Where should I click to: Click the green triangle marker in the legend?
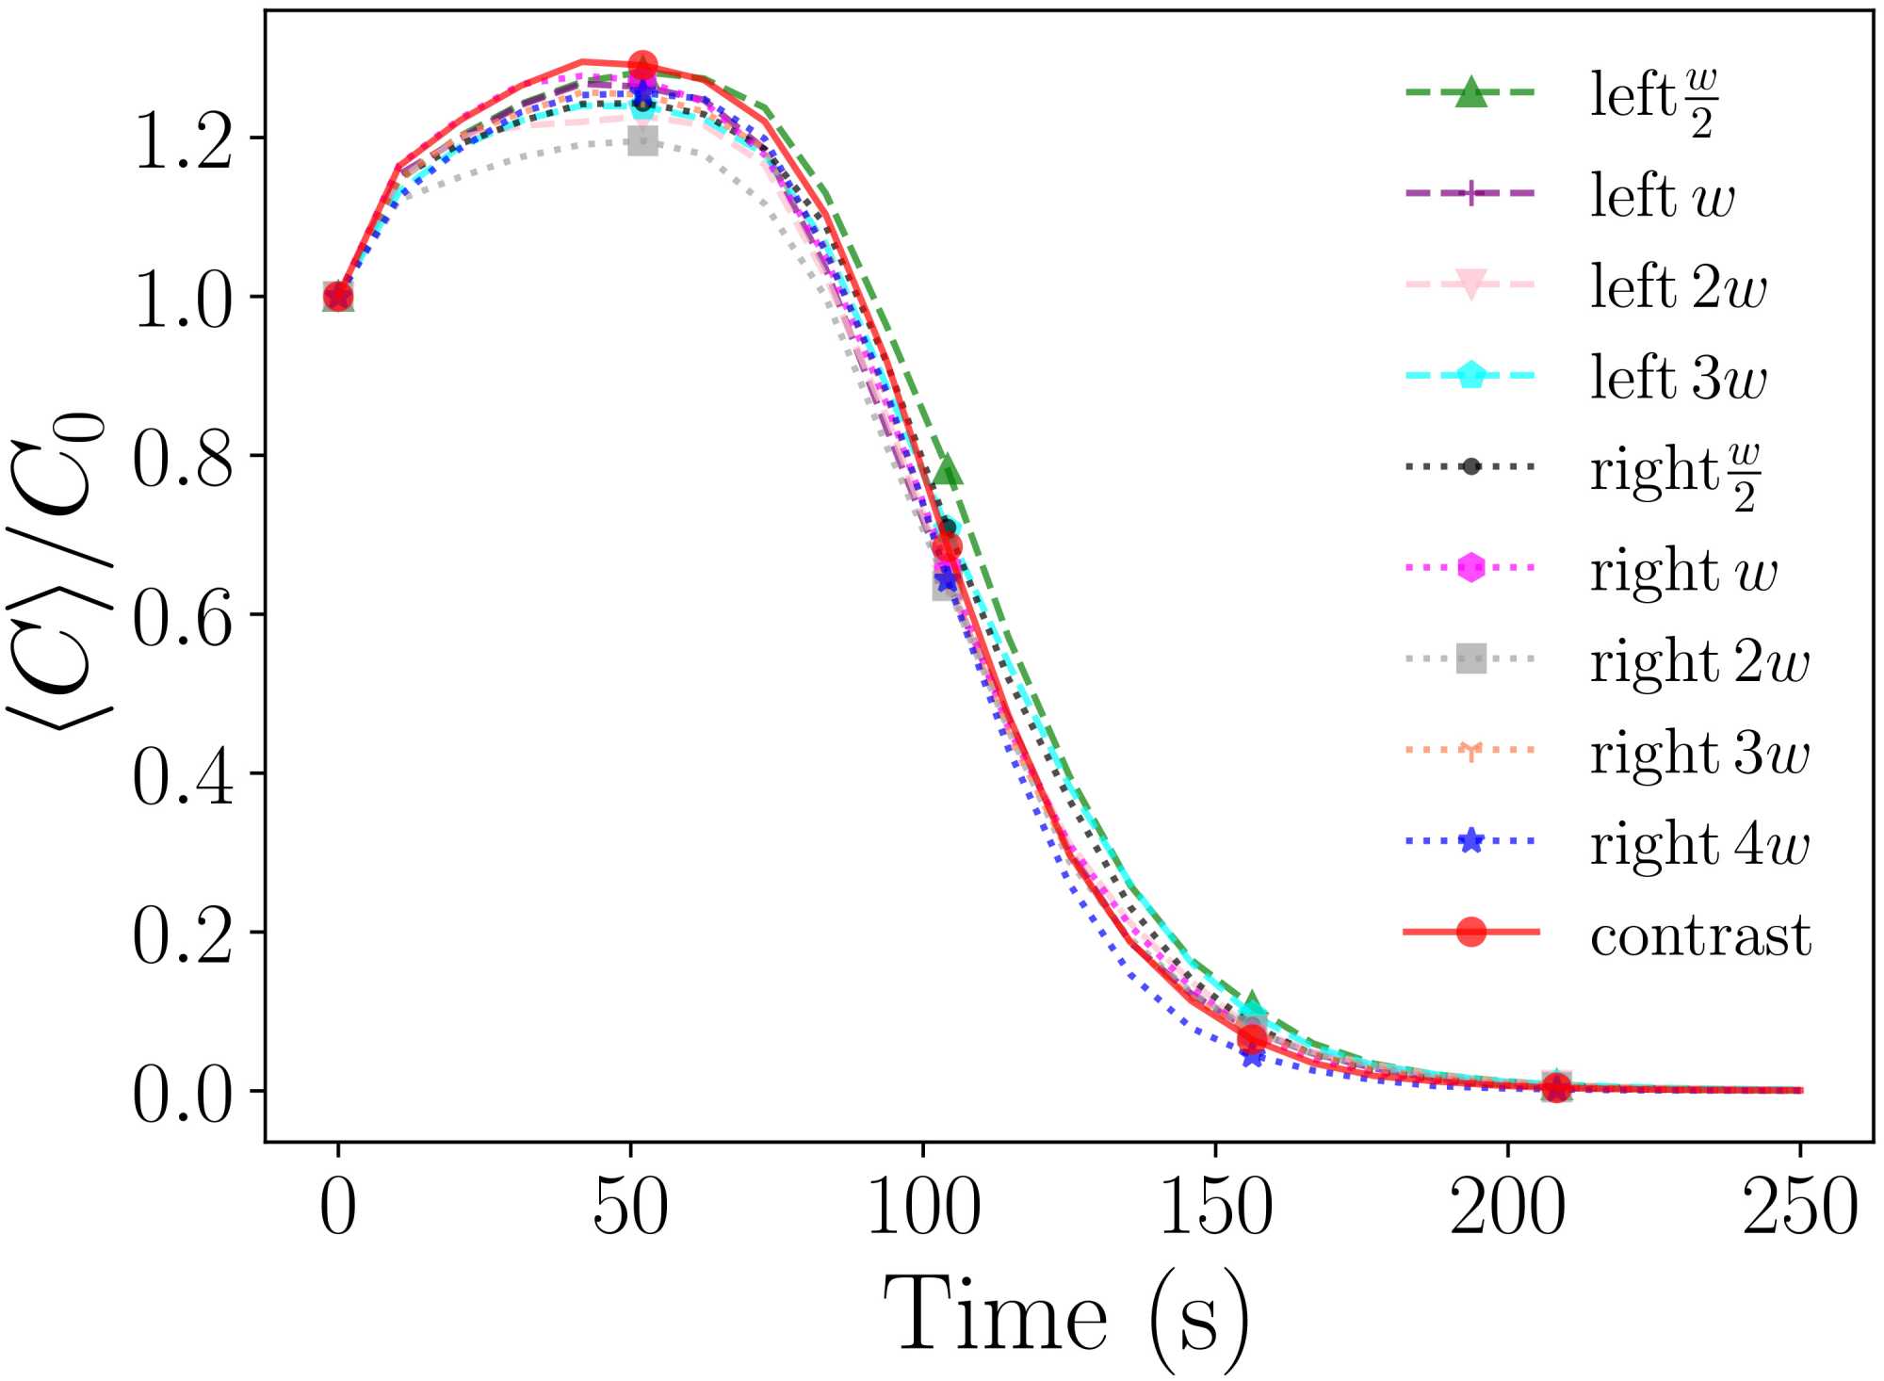[1470, 92]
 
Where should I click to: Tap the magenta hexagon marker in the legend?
[1470, 567]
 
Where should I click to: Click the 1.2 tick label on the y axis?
[183, 140]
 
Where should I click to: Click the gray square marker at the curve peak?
[642, 142]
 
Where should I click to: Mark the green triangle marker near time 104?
[948, 472]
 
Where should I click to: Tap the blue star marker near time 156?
[1252, 1056]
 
